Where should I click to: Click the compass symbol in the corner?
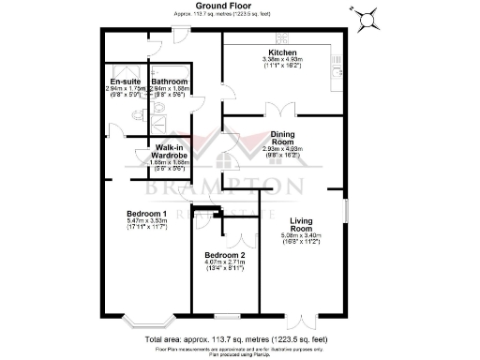click(x=368, y=16)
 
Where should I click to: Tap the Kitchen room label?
click(x=282, y=52)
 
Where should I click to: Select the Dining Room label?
click(x=282, y=138)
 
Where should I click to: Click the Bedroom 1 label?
click(x=145, y=213)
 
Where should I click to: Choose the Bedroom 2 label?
click(x=225, y=255)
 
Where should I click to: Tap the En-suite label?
click(x=125, y=82)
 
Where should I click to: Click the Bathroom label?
click(x=170, y=82)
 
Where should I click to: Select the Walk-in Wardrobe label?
click(x=170, y=152)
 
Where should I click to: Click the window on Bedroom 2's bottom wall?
click(x=227, y=315)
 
